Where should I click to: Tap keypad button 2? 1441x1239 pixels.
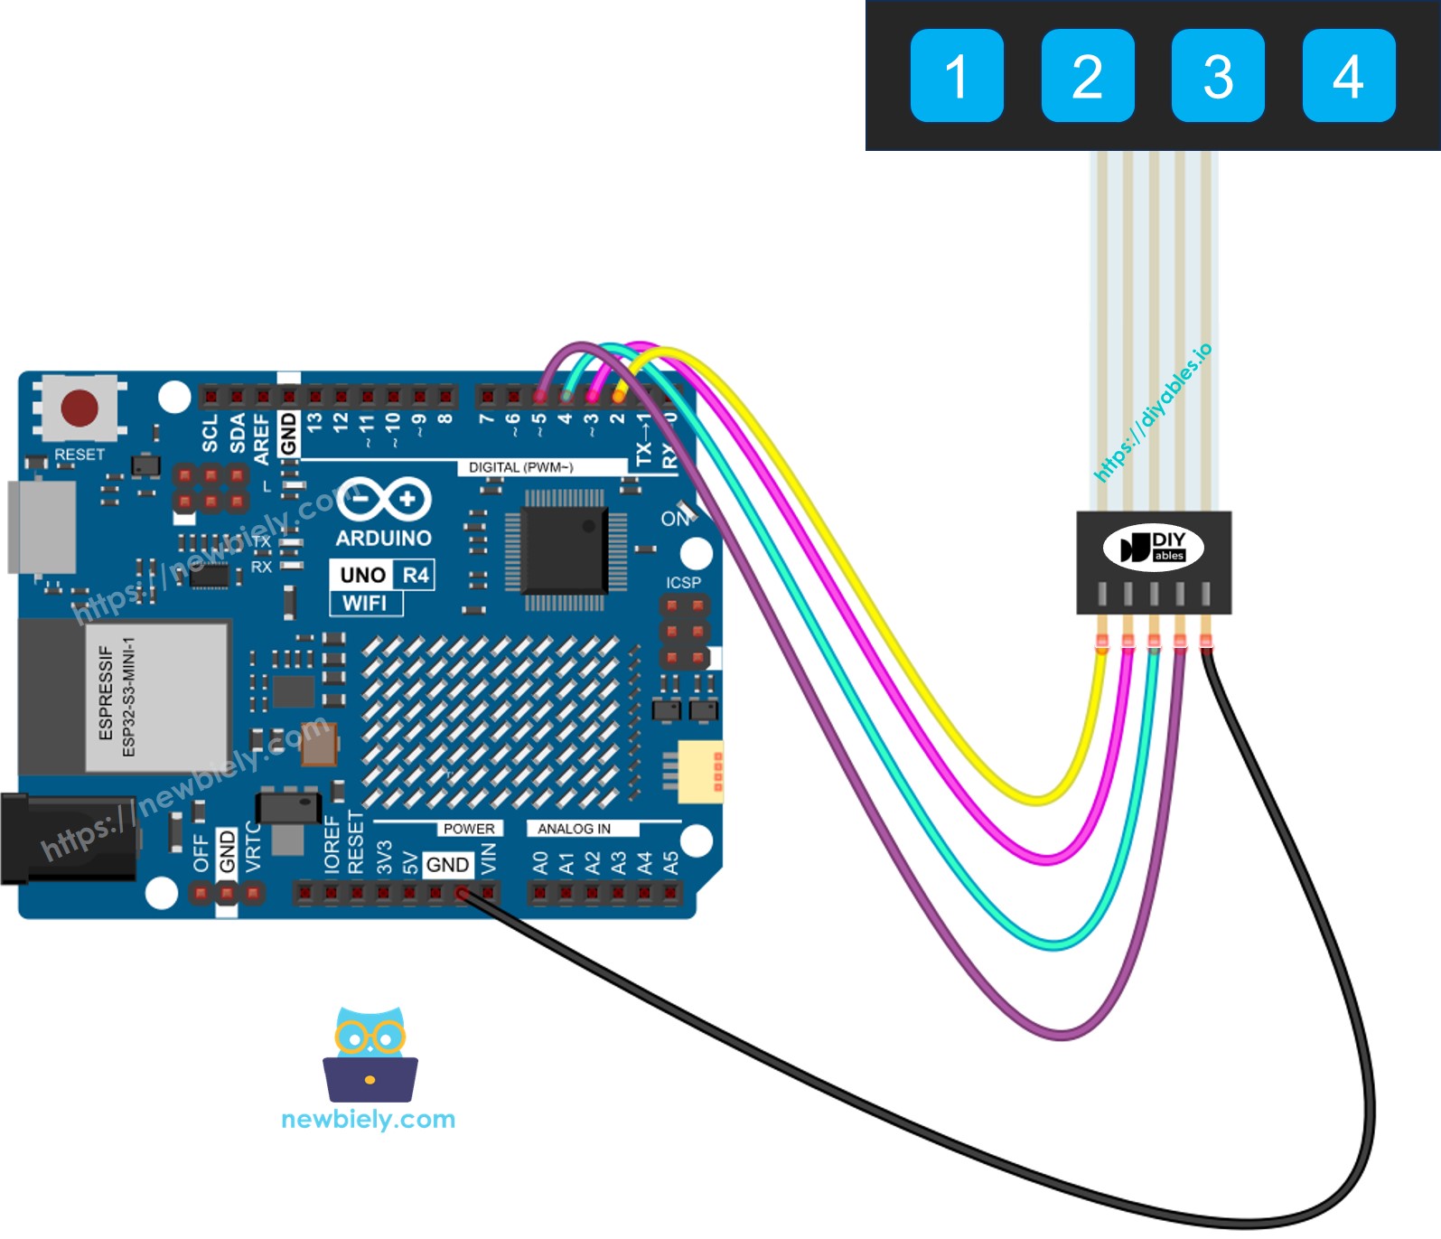(x=1087, y=76)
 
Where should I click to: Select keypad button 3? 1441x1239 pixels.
(x=1217, y=76)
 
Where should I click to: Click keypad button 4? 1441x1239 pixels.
(x=1348, y=76)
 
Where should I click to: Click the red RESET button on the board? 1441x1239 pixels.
(x=80, y=408)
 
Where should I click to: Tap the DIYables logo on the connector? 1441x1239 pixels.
(x=1153, y=548)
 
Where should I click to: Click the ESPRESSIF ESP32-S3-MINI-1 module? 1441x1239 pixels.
(x=155, y=696)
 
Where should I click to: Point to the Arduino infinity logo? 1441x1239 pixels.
(x=384, y=500)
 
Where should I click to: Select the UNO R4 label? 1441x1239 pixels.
(x=383, y=575)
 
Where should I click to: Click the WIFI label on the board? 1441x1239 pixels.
(x=365, y=604)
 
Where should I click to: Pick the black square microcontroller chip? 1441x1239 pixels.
(x=565, y=549)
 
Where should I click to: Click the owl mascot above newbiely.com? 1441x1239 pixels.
(x=370, y=1054)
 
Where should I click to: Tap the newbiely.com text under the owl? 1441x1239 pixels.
(x=368, y=1120)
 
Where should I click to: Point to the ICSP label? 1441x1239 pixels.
(x=683, y=583)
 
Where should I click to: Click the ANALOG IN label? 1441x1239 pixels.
(x=574, y=829)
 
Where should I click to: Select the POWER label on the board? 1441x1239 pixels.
(x=468, y=829)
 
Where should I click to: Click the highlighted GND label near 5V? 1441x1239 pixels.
(x=447, y=865)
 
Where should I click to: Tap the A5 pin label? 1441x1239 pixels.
(x=670, y=863)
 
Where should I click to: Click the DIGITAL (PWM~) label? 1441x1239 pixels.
(x=520, y=467)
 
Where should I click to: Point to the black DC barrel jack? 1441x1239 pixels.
(x=63, y=839)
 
